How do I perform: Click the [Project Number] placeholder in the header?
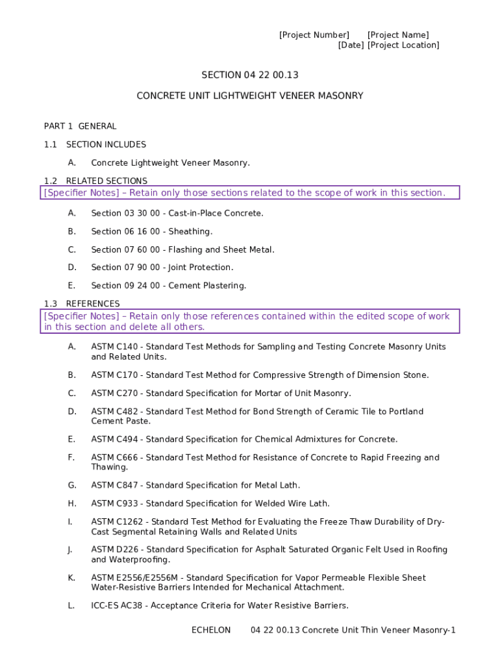314,35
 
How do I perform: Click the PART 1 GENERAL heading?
81,126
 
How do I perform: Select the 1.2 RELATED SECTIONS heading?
95,181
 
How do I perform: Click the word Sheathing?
190,231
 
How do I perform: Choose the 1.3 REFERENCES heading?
82,303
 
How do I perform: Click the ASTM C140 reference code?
114,347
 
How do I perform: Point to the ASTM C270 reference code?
114,393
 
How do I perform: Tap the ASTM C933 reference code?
114,503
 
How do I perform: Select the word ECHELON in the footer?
211,630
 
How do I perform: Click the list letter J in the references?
69,549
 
